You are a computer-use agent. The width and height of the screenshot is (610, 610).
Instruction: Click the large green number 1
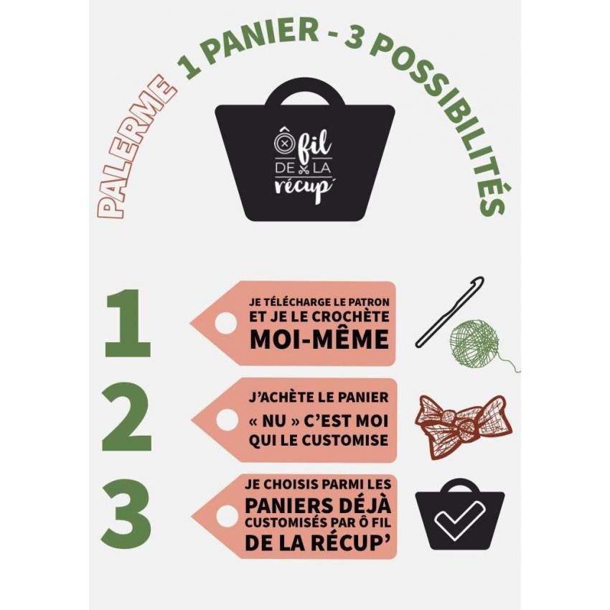coord(127,322)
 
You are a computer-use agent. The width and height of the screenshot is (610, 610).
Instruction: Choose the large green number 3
coord(126,513)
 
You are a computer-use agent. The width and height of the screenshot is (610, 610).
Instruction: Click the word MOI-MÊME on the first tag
coord(319,339)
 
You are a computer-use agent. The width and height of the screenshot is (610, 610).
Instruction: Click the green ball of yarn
coord(474,343)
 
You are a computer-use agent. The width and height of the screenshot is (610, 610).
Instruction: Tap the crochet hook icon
coord(450,311)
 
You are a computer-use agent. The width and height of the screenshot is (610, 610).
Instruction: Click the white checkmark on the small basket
coord(460,520)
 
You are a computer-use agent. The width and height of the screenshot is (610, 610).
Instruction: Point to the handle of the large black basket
coord(305,93)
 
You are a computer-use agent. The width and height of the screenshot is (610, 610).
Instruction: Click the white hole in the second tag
coord(227,419)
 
